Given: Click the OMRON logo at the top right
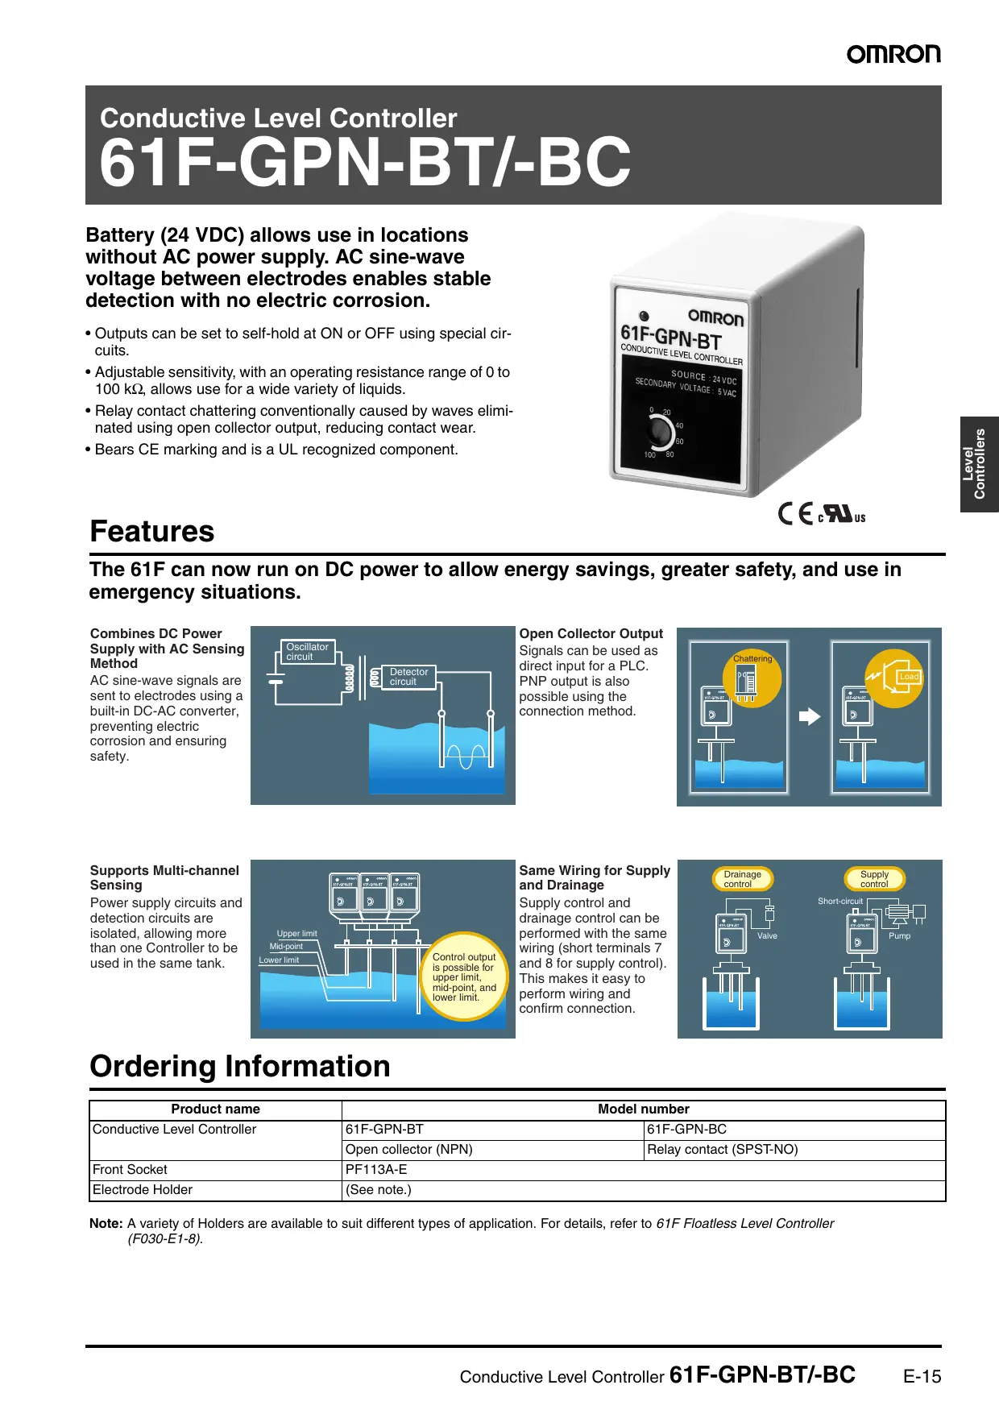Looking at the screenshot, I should pyautogui.click(x=893, y=54).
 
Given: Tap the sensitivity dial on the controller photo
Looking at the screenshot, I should pyautogui.click(x=661, y=433).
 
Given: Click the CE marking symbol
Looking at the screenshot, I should pyautogui.click(x=795, y=513).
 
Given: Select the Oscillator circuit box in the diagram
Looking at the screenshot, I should pyautogui.click(x=307, y=652).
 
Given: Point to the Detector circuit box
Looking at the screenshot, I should pyautogui.click(x=408, y=677).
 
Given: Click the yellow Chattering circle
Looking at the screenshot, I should pyautogui.click(x=752, y=678).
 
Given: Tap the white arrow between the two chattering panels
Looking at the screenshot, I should pyautogui.click(x=809, y=716).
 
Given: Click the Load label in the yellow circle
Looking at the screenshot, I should pyautogui.click(x=909, y=677).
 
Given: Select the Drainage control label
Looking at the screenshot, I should pyautogui.click(x=742, y=879).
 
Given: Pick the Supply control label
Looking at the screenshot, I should pyautogui.click(x=874, y=879).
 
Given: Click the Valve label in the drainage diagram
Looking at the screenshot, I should pyautogui.click(x=767, y=936).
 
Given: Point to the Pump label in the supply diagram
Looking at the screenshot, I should pyautogui.click(x=899, y=936).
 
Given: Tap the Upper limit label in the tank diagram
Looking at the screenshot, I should pyautogui.click(x=296, y=934).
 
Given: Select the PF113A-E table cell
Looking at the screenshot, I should pyautogui.click(x=376, y=1170).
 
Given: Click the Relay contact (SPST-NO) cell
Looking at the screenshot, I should pyautogui.click(x=722, y=1150).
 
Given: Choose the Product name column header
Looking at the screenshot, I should pyautogui.click(x=215, y=1109).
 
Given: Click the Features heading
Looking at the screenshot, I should pyautogui.click(x=152, y=532).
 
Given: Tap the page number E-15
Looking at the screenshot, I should pyautogui.click(x=922, y=1377).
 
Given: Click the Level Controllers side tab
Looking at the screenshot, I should pyautogui.click(x=979, y=464).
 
